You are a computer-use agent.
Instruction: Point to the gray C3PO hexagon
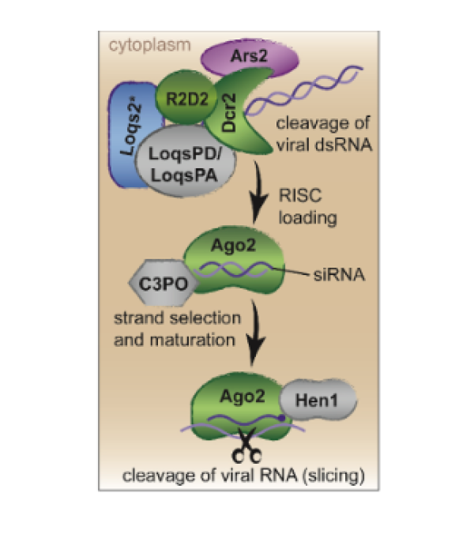(158, 280)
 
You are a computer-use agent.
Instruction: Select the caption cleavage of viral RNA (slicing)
(237, 474)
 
